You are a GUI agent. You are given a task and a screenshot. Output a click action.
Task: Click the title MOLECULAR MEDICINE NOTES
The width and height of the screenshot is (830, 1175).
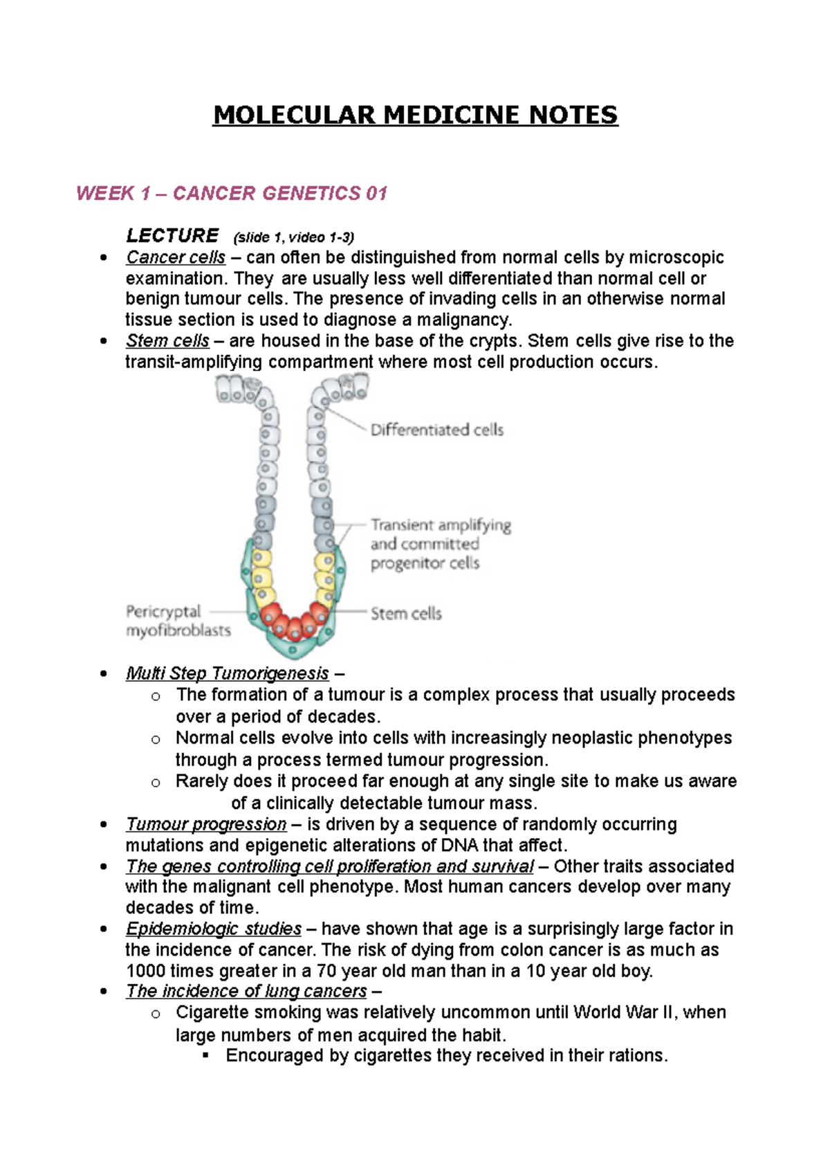415,115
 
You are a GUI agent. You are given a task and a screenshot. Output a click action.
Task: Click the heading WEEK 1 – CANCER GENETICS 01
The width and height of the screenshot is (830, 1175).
231,193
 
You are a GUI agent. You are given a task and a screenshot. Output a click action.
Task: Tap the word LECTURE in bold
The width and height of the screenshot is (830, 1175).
172,235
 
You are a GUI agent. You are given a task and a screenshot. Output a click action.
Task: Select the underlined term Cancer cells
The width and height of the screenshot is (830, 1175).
176,257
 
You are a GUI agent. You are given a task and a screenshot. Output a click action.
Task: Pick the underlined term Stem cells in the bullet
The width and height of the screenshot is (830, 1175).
167,341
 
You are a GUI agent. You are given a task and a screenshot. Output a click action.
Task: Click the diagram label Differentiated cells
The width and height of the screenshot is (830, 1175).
436,430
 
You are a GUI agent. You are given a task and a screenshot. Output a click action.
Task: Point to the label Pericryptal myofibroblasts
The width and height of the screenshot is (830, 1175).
178,621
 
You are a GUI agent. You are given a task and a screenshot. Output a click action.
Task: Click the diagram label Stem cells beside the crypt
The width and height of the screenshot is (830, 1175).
405,613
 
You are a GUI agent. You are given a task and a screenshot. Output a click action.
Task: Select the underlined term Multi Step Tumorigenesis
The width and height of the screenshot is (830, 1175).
227,673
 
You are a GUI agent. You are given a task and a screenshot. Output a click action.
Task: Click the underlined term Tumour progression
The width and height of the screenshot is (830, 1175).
206,824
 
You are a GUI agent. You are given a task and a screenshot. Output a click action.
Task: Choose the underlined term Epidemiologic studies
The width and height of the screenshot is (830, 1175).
214,929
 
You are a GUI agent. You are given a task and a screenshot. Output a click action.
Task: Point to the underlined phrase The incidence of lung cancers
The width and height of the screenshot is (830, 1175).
246,991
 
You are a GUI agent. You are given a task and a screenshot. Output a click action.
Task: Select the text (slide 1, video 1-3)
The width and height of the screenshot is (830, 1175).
294,237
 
